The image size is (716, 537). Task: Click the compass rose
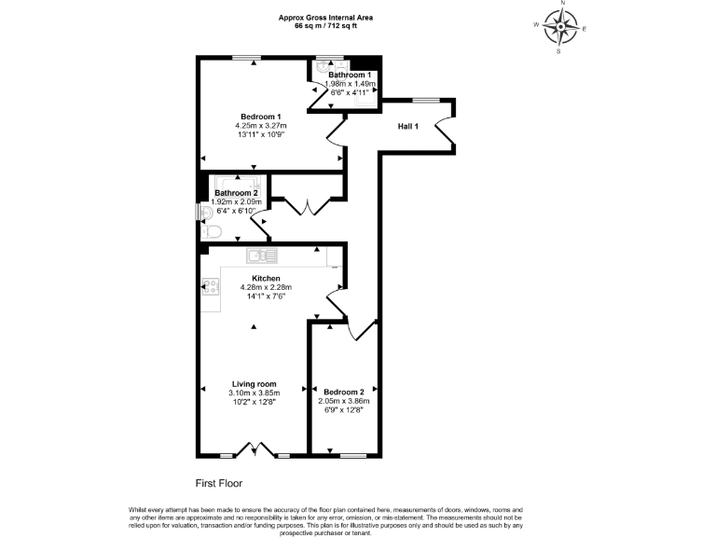tap(560, 28)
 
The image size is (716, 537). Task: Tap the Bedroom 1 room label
tap(260, 117)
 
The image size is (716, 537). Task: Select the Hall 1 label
tap(409, 126)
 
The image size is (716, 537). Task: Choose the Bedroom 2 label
tap(344, 391)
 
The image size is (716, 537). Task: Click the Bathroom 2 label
tap(236, 193)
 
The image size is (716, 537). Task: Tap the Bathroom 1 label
tap(350, 75)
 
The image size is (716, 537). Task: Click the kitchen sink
tap(262, 255)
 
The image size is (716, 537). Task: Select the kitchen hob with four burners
tap(211, 286)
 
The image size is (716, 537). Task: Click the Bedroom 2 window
tap(352, 455)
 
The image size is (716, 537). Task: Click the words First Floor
tap(218, 484)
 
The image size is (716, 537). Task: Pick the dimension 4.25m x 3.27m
tap(260, 126)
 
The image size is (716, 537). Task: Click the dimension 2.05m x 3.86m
tap(344, 400)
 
